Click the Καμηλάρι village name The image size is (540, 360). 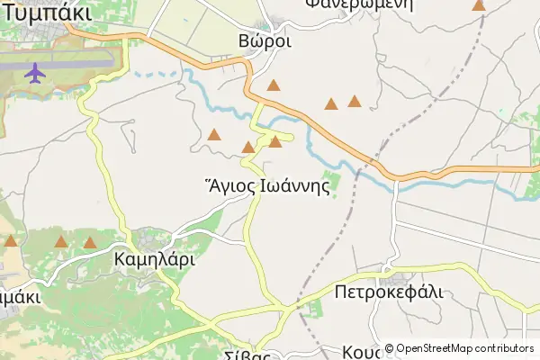tap(155, 259)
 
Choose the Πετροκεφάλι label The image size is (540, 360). tap(389, 292)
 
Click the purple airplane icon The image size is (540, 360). tap(36, 72)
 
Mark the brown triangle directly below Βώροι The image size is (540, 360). tap(274, 86)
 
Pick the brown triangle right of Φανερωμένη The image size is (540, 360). tap(479, 5)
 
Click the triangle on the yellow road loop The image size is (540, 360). tap(275, 141)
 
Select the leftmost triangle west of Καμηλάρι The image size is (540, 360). tap(10, 240)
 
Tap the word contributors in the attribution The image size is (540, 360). tap(504, 348)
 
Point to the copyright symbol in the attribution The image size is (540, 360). tap(390, 348)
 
